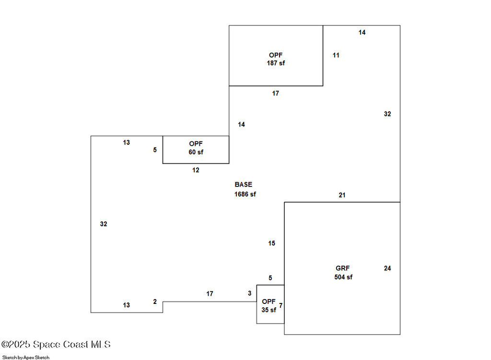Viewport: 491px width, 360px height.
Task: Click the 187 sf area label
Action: pyautogui.click(x=276, y=63)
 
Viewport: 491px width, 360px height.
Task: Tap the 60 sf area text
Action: pyautogui.click(x=196, y=152)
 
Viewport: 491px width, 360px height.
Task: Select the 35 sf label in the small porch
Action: pyautogui.click(x=269, y=310)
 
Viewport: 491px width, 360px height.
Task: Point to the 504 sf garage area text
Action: pyautogui.click(x=343, y=277)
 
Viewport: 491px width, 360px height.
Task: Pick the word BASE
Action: pyautogui.click(x=243, y=185)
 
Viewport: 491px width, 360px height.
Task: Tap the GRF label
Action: pyautogui.click(x=343, y=268)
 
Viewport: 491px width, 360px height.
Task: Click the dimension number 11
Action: pyautogui.click(x=336, y=55)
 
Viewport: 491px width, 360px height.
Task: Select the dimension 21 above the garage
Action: pyautogui.click(x=342, y=195)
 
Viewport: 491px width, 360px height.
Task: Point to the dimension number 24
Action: pyautogui.click(x=387, y=268)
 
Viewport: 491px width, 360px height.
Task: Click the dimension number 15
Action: pyautogui.click(x=271, y=244)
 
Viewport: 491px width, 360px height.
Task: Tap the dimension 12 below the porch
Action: pyautogui.click(x=196, y=170)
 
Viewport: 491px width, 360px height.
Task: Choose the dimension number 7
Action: pyautogui.click(x=281, y=305)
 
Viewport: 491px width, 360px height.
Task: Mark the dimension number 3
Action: pyautogui.click(x=249, y=293)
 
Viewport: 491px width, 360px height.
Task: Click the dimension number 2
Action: pyautogui.click(x=155, y=302)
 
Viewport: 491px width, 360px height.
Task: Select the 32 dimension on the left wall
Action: pyautogui.click(x=104, y=224)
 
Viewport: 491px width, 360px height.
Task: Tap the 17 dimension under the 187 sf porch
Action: pyautogui.click(x=275, y=93)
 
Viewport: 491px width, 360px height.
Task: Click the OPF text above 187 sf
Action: pyautogui.click(x=276, y=55)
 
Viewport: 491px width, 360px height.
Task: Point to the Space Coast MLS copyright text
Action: pyautogui.click(x=56, y=344)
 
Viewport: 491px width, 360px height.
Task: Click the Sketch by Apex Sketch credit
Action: pyautogui.click(x=26, y=357)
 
